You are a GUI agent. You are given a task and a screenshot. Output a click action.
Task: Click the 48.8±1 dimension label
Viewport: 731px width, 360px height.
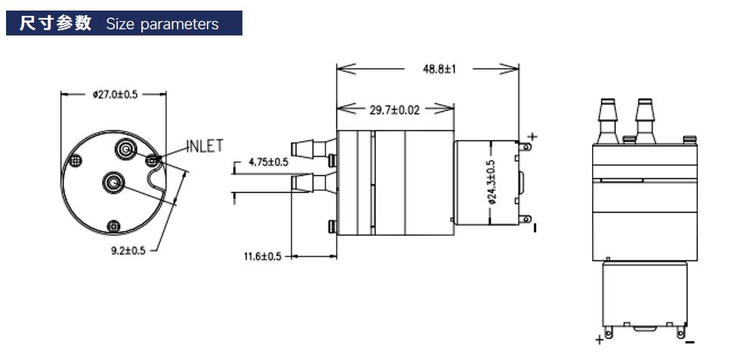439,69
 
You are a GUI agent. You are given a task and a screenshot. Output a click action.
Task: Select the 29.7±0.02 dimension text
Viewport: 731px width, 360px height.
394,110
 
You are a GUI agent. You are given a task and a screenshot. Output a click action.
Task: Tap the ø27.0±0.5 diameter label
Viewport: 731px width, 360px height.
115,94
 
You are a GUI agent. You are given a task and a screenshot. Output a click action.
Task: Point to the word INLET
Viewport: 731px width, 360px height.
205,146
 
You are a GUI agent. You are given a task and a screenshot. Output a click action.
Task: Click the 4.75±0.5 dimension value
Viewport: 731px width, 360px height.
269,162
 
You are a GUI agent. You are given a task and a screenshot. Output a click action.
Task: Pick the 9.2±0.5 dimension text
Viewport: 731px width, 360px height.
128,251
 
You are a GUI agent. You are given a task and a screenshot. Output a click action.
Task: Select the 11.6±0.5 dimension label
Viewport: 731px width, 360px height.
263,257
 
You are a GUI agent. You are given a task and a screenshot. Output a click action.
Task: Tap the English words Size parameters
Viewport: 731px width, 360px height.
162,23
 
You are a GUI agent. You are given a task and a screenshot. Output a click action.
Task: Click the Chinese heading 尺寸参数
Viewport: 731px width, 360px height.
55,23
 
